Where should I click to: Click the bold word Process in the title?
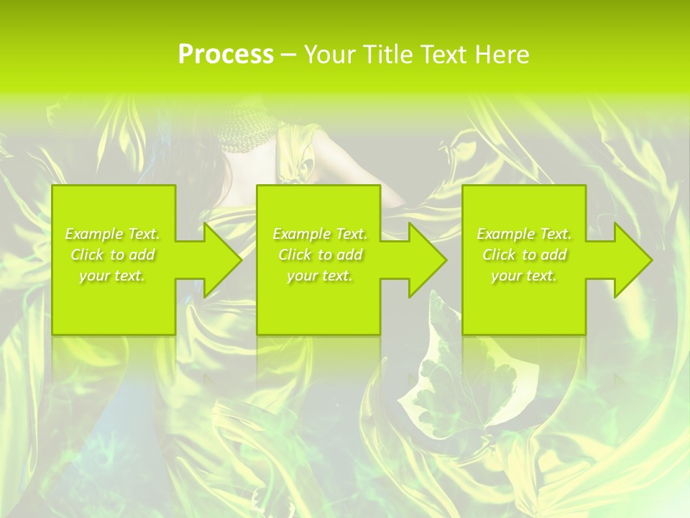pos(226,55)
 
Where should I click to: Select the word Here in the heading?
pos(501,55)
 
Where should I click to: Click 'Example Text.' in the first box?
pos(112,234)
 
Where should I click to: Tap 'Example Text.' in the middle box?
pos(320,234)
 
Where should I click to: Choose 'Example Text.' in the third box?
pos(524,234)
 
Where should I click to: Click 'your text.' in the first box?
pos(112,276)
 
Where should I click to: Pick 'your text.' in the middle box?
pos(320,276)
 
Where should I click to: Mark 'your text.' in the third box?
pos(524,276)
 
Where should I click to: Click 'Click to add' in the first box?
pos(112,255)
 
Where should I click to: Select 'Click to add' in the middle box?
pos(320,255)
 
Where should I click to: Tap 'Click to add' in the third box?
pos(524,255)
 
